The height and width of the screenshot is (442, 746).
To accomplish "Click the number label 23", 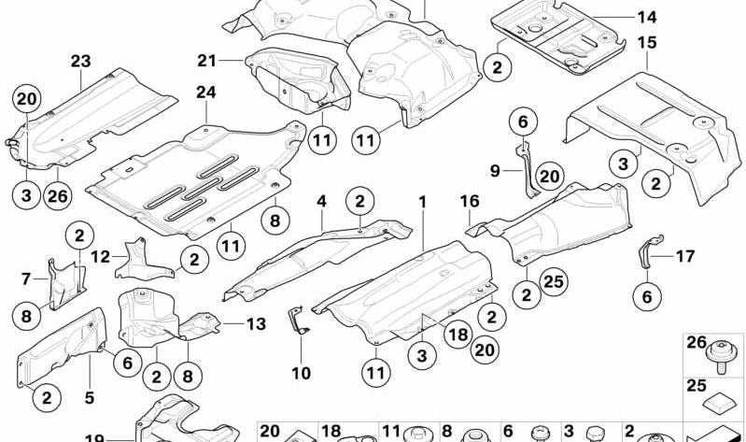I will (x=80, y=62).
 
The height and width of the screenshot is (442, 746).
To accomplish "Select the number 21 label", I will (x=206, y=61).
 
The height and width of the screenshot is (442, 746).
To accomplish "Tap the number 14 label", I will (x=647, y=17).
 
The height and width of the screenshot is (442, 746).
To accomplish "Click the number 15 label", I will (x=647, y=43).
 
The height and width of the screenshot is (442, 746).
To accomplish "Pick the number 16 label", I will (x=469, y=201).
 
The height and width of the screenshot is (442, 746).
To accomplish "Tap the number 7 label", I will (x=26, y=277).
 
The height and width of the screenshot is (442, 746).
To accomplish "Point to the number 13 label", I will (x=257, y=323).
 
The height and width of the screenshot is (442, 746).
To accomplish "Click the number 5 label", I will (x=90, y=398).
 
